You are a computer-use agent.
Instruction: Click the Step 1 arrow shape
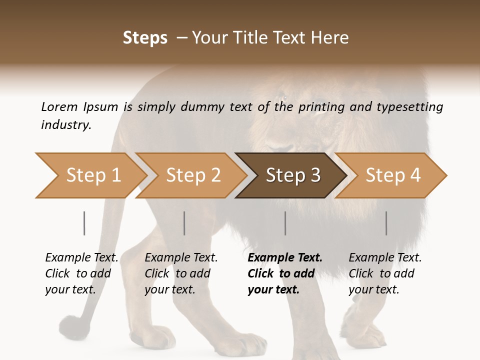point(90,175)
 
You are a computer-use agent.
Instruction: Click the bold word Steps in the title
point(145,38)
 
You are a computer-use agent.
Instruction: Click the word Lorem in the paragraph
point(59,107)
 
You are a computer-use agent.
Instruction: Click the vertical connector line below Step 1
point(84,223)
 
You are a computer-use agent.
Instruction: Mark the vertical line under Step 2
point(184,223)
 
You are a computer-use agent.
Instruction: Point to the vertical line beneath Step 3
point(285,223)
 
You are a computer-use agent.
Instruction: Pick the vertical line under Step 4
point(386,223)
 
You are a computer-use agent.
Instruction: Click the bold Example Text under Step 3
point(285,258)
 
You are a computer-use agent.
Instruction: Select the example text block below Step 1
point(81,273)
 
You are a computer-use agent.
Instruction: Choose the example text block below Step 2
point(181,273)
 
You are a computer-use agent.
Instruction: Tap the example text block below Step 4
point(385,273)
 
